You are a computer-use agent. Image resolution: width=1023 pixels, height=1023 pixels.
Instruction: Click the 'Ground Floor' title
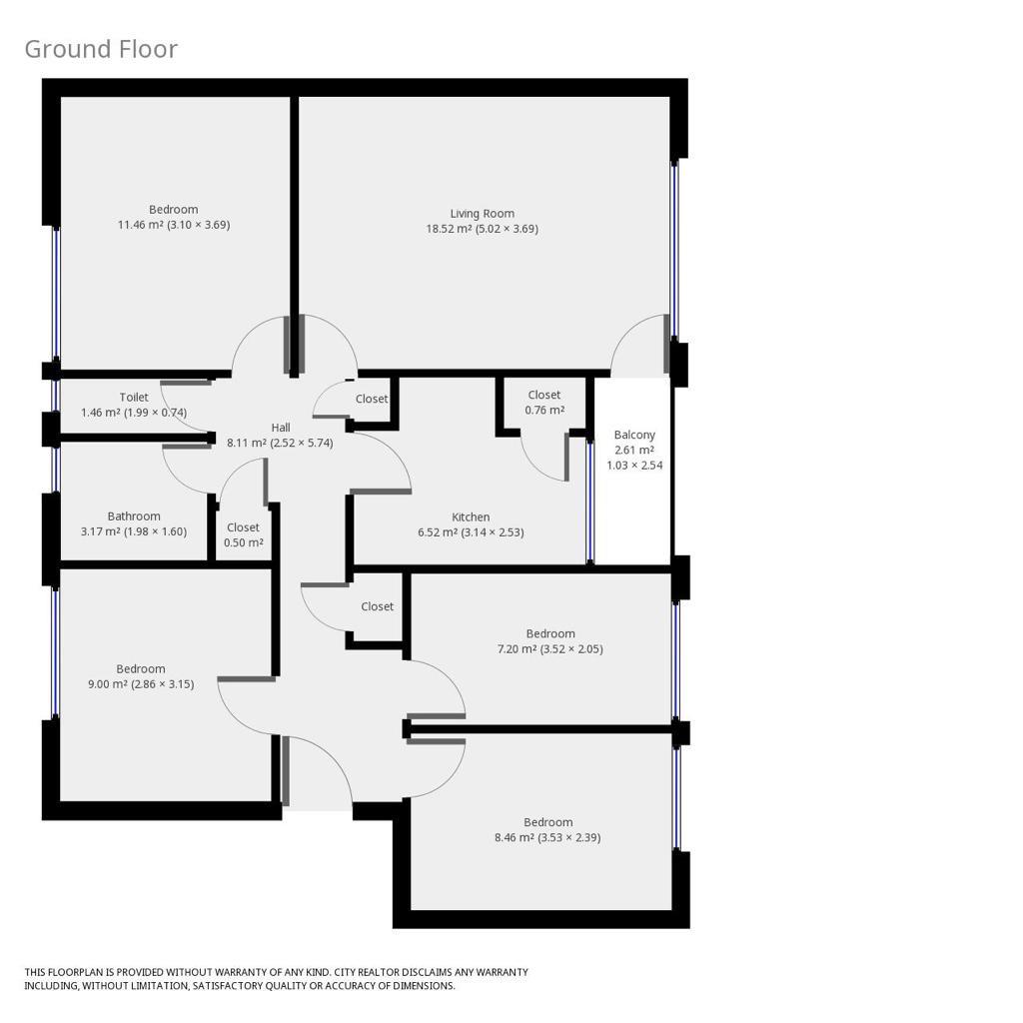(x=101, y=50)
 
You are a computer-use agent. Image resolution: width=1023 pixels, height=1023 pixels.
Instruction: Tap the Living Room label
(x=483, y=214)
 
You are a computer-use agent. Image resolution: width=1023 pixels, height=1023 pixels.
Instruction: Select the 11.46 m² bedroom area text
(x=174, y=225)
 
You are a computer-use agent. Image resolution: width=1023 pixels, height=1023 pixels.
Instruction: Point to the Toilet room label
(x=134, y=397)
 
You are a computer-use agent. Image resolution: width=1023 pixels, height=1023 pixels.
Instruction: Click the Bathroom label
(x=134, y=516)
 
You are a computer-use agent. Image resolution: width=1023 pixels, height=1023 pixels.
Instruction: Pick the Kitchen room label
(x=471, y=516)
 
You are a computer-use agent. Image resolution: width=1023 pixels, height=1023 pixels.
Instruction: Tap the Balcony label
(x=634, y=435)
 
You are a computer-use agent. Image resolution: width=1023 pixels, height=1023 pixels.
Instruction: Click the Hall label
(x=281, y=428)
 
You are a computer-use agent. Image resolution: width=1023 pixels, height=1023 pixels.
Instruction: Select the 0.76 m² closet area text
(x=544, y=410)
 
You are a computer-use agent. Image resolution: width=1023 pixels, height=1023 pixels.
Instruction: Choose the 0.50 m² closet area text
(x=244, y=542)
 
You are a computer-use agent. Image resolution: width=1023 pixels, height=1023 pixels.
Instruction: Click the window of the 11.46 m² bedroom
(x=56, y=293)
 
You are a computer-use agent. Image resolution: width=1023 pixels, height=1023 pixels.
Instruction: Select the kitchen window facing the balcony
(x=589, y=501)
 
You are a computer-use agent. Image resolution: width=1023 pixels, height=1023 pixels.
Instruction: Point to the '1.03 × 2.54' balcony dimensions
(x=634, y=466)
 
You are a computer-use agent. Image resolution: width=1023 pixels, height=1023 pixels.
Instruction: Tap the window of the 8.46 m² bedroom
(x=676, y=798)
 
